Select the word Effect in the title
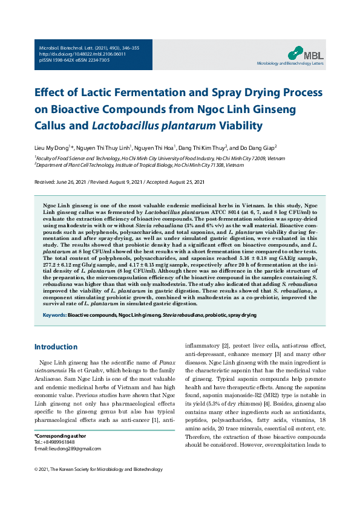click(53, 94)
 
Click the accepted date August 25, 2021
click(185, 182)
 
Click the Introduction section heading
click(56, 347)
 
